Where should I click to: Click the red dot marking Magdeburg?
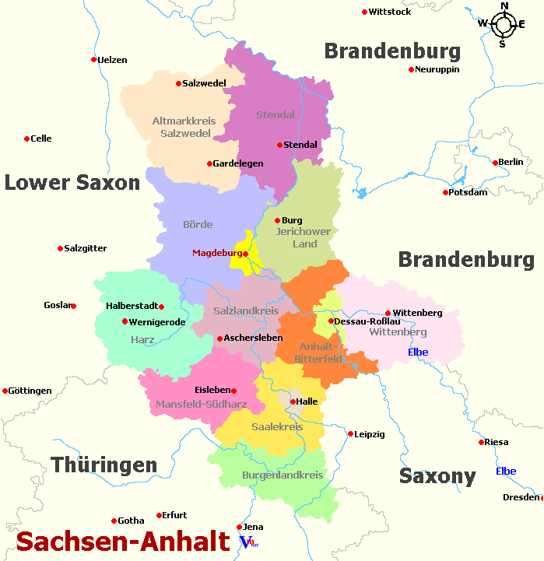245,254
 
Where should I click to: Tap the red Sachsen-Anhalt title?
123,542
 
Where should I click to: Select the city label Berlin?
511,162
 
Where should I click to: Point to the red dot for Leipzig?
350,434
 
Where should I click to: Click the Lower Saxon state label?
72,183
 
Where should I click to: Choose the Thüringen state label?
104,465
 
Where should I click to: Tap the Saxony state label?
437,476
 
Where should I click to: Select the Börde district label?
198,225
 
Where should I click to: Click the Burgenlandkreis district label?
272,475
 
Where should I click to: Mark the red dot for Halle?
293,401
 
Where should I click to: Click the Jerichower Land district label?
304,237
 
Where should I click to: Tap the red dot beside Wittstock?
364,12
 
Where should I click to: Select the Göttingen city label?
30,391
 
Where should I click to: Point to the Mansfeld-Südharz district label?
201,405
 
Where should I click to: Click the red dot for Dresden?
542,498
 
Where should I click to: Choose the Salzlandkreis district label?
246,311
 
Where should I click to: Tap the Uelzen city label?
113,60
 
